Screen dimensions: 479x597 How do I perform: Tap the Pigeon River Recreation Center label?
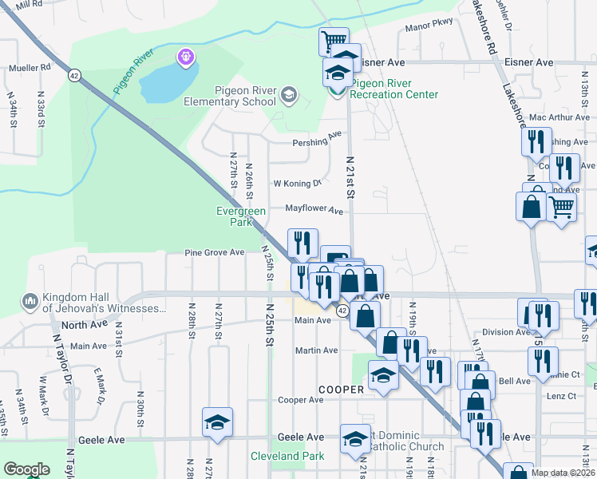[394, 89]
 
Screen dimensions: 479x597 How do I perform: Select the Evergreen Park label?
[240, 216]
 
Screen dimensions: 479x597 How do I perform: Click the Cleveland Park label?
[287, 456]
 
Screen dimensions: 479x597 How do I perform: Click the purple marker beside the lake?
[186, 57]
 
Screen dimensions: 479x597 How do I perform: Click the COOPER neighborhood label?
[342, 390]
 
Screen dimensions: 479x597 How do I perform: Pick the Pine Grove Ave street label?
[214, 252]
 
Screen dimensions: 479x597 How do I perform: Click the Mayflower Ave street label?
[314, 211]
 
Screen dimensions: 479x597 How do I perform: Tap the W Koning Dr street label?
[297, 183]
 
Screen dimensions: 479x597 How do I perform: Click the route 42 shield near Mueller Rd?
[74, 75]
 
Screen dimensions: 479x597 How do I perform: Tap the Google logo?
[26, 469]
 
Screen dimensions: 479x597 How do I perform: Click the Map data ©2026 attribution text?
[563, 473]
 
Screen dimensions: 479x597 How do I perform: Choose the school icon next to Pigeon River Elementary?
[288, 96]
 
